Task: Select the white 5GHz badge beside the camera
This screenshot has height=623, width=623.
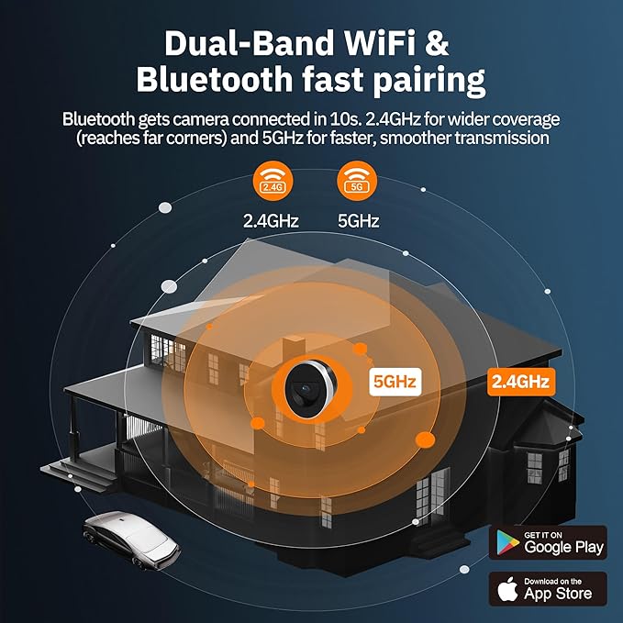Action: click(x=395, y=382)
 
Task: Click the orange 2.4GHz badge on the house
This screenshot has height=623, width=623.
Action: click(x=521, y=382)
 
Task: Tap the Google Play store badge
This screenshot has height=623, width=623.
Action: click(x=548, y=543)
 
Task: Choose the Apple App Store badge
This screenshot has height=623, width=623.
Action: click(x=548, y=589)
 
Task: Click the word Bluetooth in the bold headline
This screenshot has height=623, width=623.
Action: click(x=215, y=79)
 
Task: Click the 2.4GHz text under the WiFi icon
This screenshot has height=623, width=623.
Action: click(x=271, y=221)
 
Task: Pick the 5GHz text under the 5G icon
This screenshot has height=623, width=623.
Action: click(x=359, y=221)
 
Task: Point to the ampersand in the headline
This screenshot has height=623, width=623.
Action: click(x=437, y=43)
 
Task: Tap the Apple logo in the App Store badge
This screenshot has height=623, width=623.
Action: click(x=507, y=589)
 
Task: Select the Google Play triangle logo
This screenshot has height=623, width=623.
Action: click(x=507, y=542)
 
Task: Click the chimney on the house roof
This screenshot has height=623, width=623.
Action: click(x=294, y=347)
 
